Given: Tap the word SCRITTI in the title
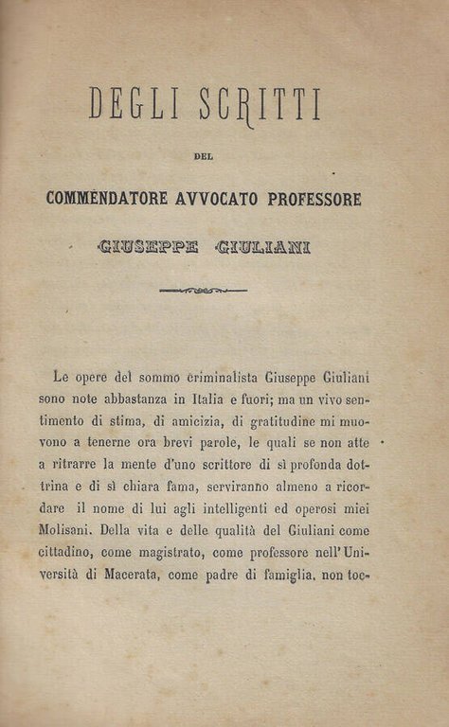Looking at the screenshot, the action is point(260,103).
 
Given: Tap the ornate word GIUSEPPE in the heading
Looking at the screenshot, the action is point(149,248).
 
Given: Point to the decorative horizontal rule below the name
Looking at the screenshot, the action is point(203,291).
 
